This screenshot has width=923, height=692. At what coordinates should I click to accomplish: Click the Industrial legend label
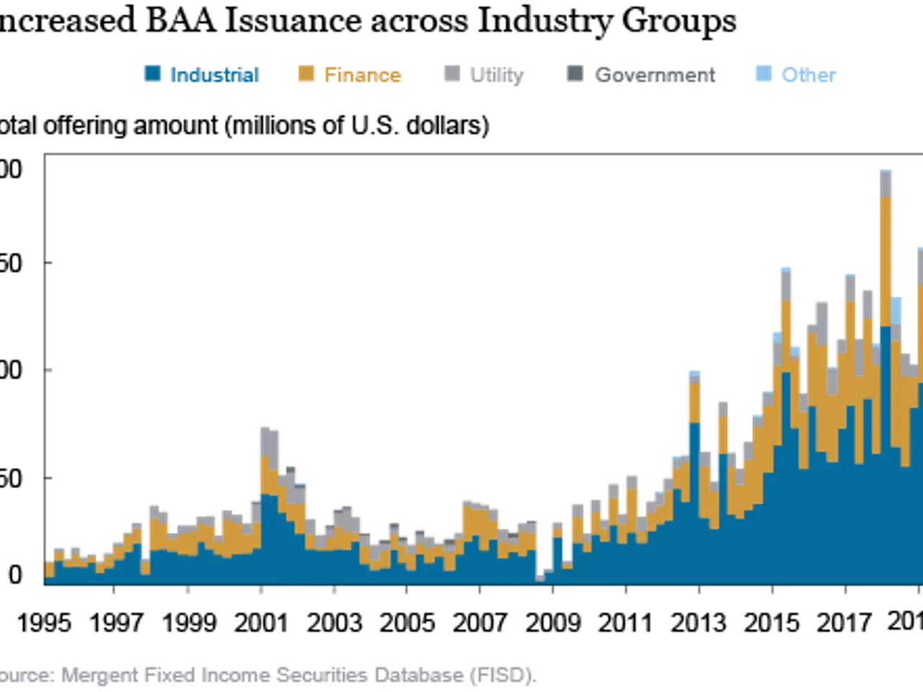(x=216, y=75)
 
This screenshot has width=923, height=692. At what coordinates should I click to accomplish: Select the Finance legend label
(x=363, y=76)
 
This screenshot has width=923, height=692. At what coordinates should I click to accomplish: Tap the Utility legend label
(x=498, y=76)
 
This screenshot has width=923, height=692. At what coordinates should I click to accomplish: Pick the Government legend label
(x=657, y=75)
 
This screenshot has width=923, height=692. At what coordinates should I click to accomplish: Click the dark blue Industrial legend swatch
(x=152, y=75)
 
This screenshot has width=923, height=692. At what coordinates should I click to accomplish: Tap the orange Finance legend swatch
(x=306, y=75)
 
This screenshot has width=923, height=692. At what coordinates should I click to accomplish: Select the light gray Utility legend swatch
(x=449, y=75)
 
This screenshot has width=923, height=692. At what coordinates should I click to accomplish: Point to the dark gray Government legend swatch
(x=576, y=75)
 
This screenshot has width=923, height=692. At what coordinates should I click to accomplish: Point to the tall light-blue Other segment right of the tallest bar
(x=897, y=310)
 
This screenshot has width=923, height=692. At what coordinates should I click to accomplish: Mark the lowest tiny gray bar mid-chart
(x=539, y=577)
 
